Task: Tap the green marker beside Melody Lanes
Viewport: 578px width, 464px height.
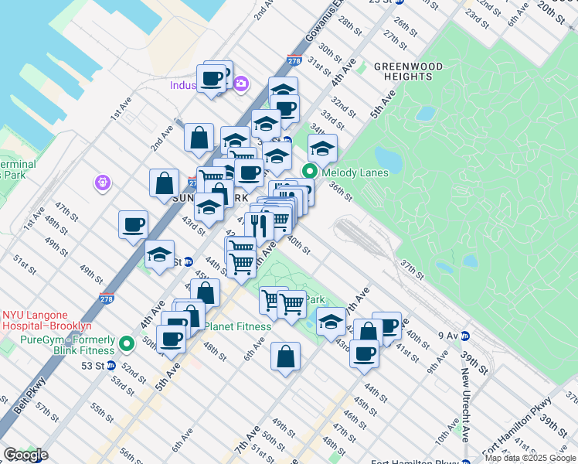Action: [x=310, y=172]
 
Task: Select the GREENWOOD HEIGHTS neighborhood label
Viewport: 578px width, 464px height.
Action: [x=408, y=71]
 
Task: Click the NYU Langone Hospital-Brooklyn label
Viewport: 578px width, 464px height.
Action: [x=46, y=320]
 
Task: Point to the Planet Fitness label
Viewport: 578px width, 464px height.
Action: [x=237, y=326]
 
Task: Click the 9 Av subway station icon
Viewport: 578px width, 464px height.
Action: [x=466, y=336]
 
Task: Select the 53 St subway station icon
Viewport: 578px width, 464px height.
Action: [x=110, y=365]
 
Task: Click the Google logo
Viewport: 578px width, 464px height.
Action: [x=25, y=455]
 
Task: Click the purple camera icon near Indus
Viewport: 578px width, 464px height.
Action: [x=241, y=83]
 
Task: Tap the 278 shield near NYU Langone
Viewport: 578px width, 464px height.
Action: [x=107, y=299]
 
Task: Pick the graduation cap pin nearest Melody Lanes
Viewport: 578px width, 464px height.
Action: [x=323, y=147]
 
